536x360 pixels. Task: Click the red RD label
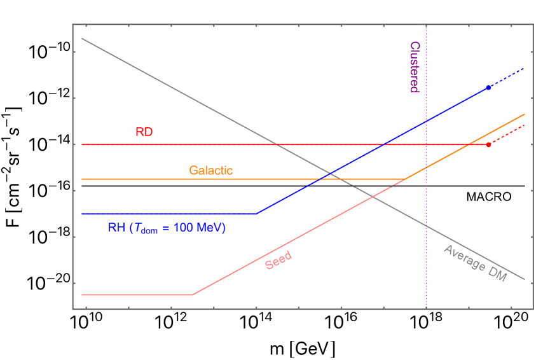144,132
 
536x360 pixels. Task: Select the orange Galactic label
210,170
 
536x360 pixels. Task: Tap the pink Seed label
278,260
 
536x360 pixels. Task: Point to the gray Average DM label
474,264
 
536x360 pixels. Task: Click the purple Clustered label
414,67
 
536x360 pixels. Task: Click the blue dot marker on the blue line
488,87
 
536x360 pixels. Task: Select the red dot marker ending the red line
488,144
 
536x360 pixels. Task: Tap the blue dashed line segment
507,77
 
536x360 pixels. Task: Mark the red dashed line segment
507,134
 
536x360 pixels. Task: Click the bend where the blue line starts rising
256,214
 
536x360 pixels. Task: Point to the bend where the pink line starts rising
193,294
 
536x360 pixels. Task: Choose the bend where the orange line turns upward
406,179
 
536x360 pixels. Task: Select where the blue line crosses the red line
383,144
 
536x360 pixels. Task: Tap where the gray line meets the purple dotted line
426,226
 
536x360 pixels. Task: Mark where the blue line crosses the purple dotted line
426,121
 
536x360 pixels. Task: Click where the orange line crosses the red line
469,144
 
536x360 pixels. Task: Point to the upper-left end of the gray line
83,39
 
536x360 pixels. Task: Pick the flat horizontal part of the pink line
137,294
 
